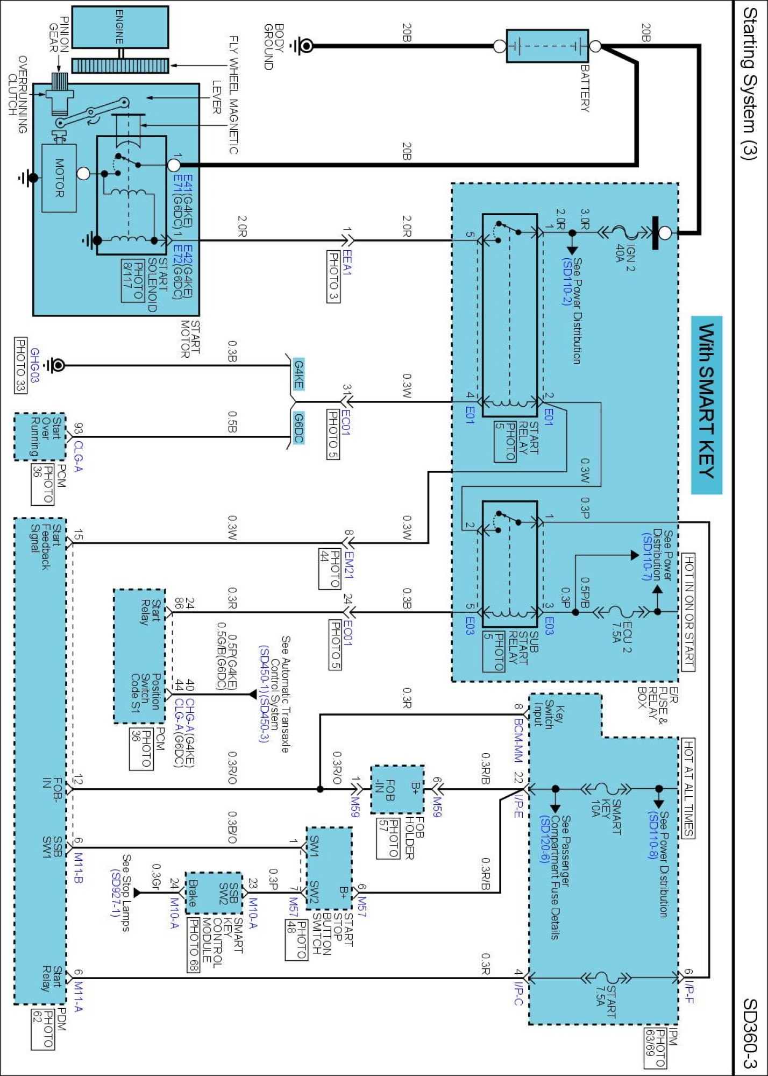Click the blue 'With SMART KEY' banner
706,405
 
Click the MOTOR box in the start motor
59,178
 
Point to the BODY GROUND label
274,47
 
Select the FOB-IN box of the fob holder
397,789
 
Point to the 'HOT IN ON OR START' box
688,611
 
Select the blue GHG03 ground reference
34,365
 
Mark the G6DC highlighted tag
298,428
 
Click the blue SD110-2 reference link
566,282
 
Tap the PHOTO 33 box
20,365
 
